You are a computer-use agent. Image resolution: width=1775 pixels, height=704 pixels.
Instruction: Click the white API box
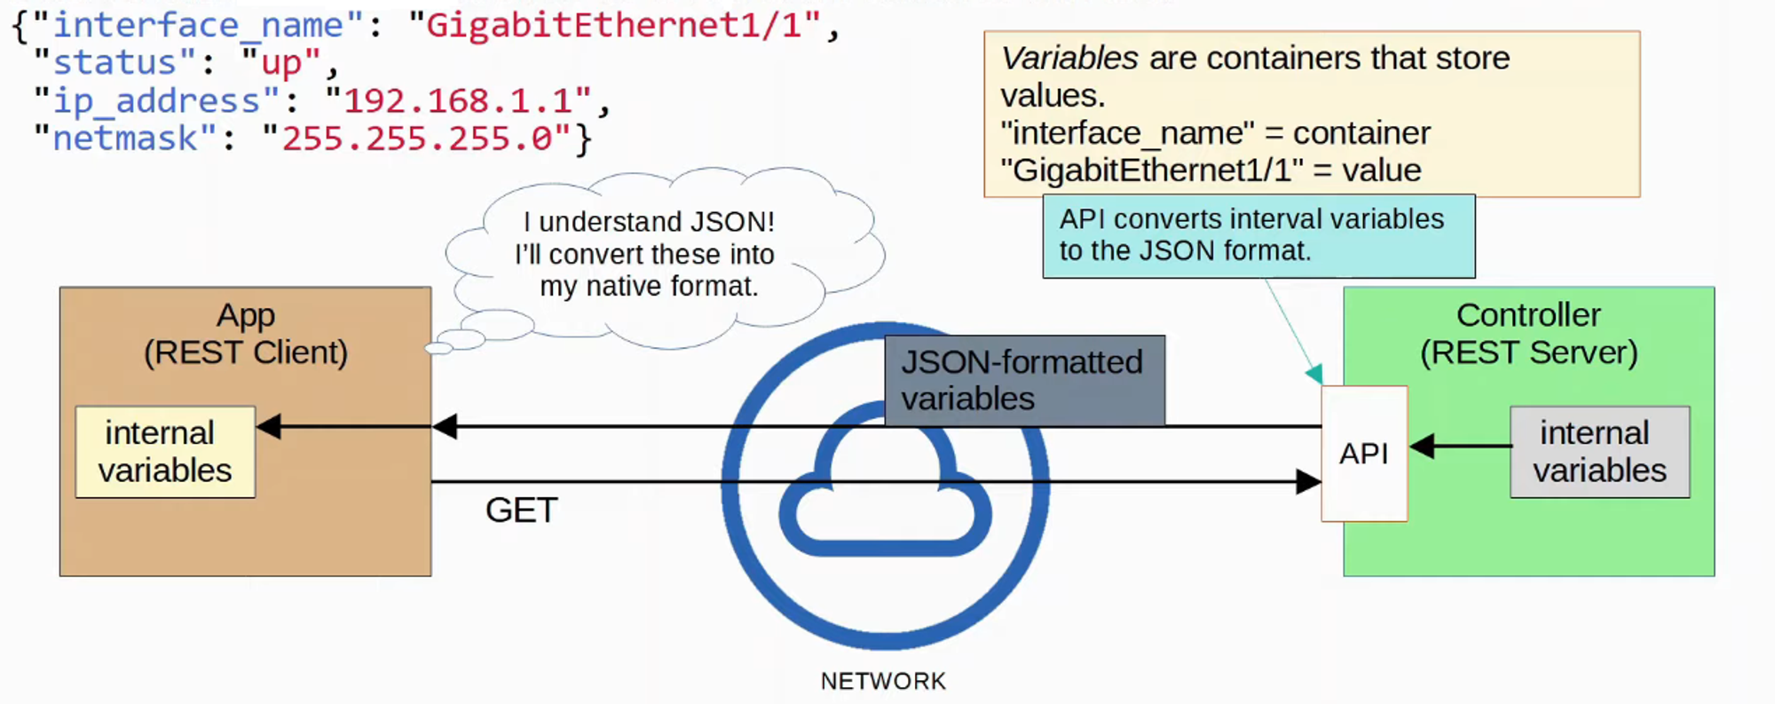coord(1364,454)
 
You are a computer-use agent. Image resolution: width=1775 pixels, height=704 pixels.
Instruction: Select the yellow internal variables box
coord(165,452)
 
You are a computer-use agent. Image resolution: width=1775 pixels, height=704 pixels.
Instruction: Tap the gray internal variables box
coord(1599,452)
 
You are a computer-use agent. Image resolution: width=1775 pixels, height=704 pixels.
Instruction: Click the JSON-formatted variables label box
coord(1024,380)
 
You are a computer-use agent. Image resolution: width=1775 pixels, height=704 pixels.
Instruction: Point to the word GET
coord(521,510)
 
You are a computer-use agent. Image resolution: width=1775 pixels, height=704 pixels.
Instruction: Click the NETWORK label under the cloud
coord(883,681)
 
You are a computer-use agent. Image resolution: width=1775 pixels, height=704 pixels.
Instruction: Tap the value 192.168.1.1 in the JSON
coord(458,101)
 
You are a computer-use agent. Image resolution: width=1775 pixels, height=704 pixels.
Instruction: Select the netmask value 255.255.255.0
coord(417,139)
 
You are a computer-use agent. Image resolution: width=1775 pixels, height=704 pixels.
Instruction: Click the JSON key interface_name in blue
coord(198,25)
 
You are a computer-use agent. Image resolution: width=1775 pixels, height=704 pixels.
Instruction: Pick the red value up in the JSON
coord(281,63)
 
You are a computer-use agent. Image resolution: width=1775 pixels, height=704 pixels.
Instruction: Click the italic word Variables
coord(1069,59)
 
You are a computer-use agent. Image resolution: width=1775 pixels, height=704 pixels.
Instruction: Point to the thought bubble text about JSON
coord(648,254)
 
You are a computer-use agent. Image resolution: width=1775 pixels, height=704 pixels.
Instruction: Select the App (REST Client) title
coord(246,334)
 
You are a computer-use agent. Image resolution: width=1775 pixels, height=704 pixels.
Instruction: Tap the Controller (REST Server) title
coord(1528,334)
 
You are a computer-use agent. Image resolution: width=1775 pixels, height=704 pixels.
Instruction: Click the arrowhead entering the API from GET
coord(1309,482)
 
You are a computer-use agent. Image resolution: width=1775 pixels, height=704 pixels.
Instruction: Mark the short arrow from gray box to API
coord(1460,446)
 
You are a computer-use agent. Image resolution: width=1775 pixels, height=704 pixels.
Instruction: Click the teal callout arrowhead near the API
coord(1314,374)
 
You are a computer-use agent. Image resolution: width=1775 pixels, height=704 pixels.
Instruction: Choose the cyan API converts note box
coord(1258,236)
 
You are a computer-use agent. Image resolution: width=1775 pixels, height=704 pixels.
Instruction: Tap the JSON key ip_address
coord(156,101)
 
